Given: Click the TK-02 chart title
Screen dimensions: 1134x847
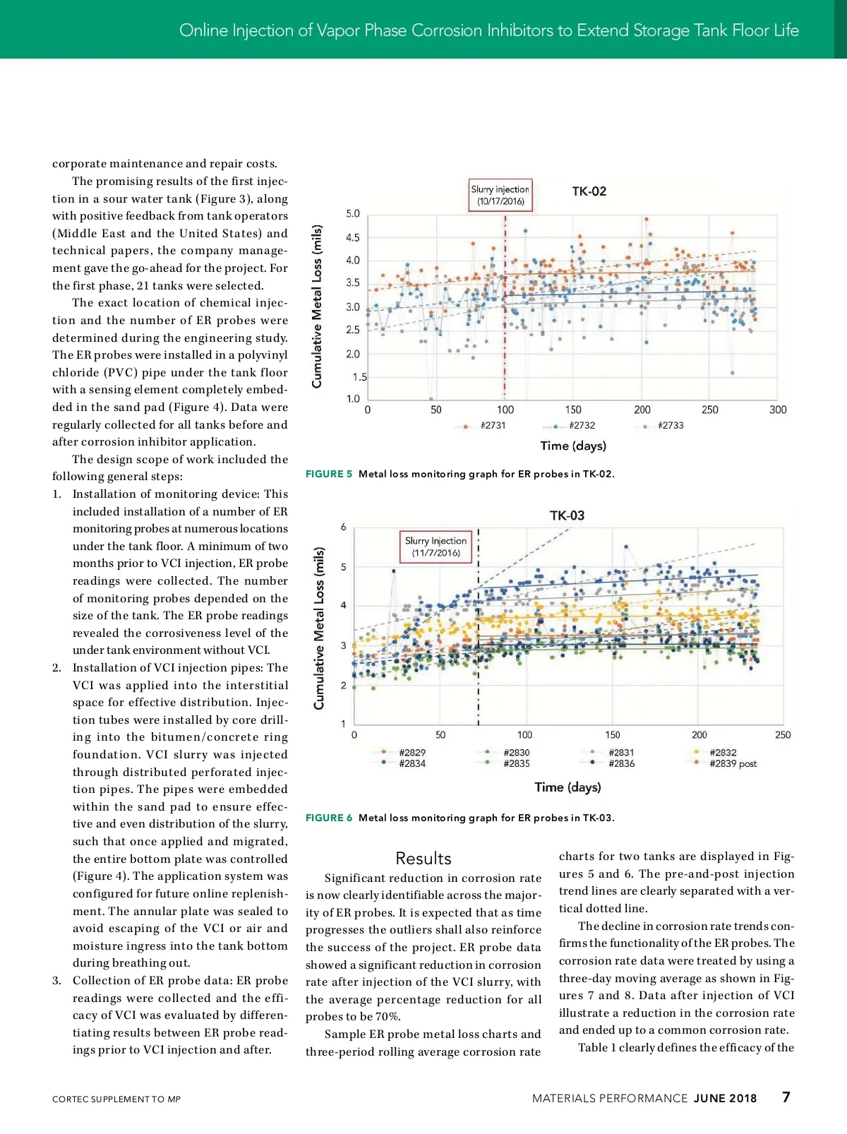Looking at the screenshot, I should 589,191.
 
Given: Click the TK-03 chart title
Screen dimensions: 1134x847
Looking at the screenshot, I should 567,515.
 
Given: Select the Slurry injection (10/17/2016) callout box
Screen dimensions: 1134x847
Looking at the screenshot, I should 500,196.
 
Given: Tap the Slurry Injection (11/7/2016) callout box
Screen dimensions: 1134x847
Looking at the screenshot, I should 435,547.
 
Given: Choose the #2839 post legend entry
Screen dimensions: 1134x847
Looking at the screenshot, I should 733,764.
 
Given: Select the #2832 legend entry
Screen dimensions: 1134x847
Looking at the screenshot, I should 722,753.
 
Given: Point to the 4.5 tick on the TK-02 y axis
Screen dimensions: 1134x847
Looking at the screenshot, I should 353,238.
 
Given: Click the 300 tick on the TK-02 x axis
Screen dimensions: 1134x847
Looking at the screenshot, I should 778,410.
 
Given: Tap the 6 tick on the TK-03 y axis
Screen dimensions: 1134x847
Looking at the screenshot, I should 344,527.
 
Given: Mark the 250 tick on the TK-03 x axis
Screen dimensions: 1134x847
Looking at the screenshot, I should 783,735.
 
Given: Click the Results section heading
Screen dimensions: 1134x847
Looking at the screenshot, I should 423,859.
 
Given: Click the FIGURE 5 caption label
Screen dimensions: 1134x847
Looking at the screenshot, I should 329,475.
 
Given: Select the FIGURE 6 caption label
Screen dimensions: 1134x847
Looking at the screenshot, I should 329,818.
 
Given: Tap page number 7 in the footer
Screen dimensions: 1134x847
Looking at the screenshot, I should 786,1097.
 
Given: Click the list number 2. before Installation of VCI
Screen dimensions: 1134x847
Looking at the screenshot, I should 57,668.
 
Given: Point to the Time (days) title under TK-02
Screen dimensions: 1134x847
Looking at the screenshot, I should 573,446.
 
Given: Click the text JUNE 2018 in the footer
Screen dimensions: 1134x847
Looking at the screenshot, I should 725,1099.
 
